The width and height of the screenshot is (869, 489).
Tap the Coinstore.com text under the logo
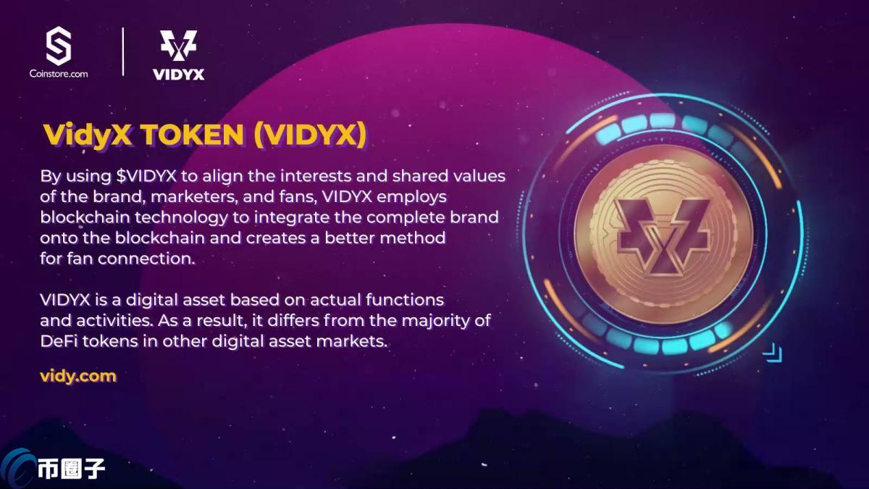[59, 73]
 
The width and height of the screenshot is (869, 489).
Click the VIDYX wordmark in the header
[178, 74]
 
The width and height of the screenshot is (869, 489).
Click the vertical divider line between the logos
[123, 51]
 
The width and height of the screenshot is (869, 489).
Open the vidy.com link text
[78, 376]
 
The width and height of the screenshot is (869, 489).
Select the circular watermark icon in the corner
[16, 467]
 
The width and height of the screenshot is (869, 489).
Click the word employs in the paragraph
[442, 196]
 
